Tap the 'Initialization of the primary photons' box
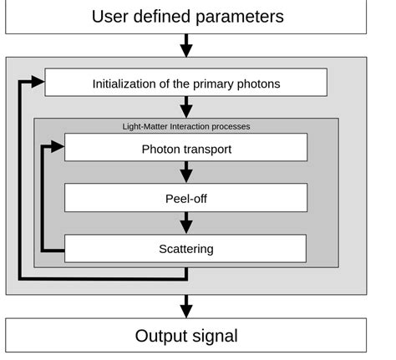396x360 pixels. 185,83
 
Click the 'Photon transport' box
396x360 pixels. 185,149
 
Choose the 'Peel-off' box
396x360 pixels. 185,198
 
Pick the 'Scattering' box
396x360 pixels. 185,248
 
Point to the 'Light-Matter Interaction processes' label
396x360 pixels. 185,126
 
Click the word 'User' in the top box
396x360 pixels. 112,17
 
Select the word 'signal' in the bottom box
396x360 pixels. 212,337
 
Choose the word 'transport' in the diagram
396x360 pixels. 206,150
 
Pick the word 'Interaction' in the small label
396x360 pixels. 189,126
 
